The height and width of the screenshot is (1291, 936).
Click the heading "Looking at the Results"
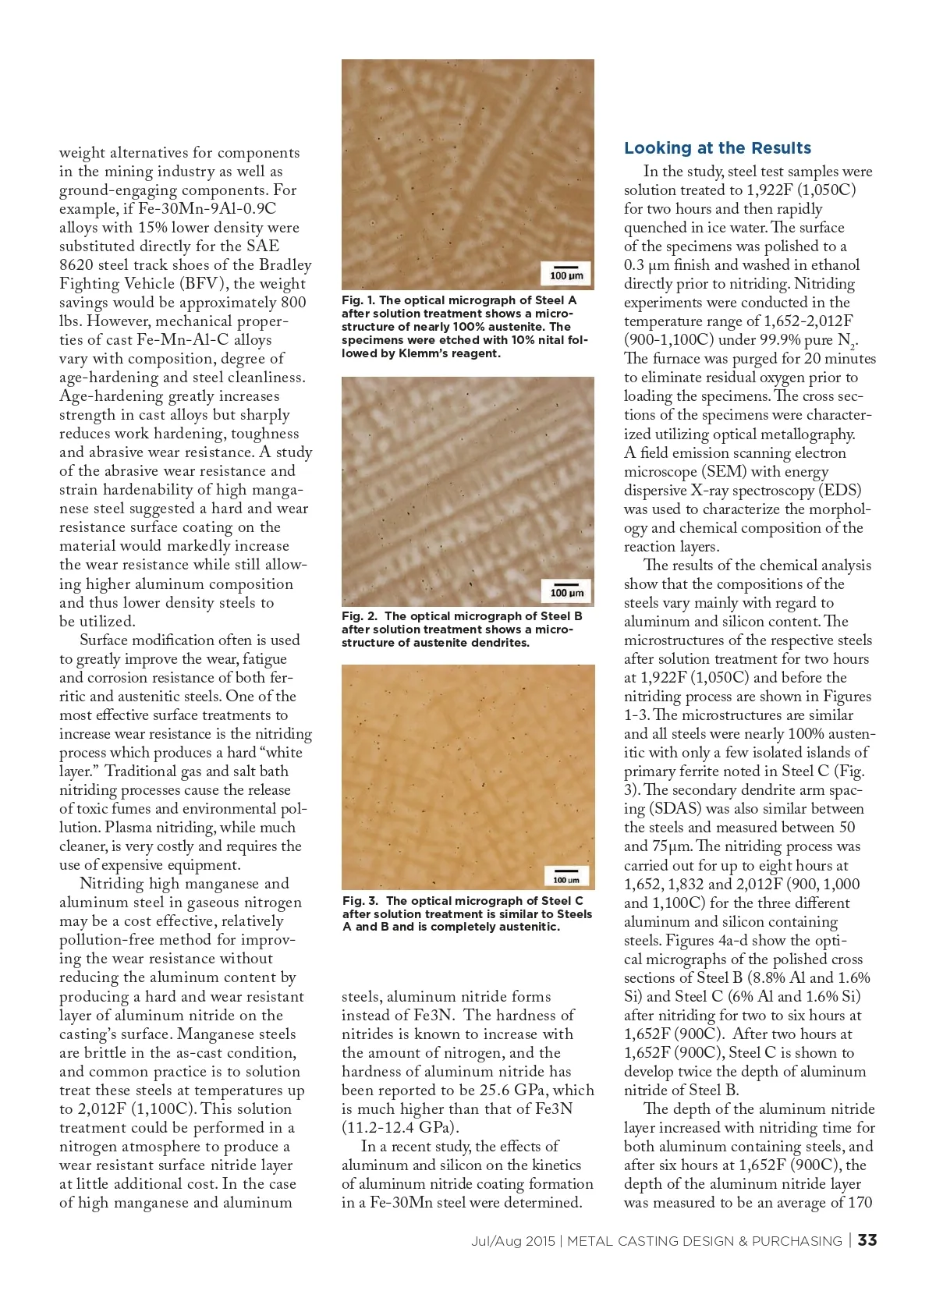717,148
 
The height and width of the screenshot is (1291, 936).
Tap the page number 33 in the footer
867,1240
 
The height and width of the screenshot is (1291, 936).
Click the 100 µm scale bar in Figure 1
566,272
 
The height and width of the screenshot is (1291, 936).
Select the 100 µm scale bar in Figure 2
566,589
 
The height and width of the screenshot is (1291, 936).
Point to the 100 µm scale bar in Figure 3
566,876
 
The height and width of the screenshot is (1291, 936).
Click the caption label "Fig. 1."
358,300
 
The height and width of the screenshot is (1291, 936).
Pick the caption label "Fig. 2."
358,616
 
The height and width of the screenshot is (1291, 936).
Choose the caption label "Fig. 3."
360,901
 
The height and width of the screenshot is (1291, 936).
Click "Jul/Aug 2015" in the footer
512,1241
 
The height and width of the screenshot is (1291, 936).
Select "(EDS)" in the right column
839,491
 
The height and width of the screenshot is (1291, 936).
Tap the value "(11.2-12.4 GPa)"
400,1128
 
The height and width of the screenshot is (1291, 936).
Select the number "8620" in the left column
76,265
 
